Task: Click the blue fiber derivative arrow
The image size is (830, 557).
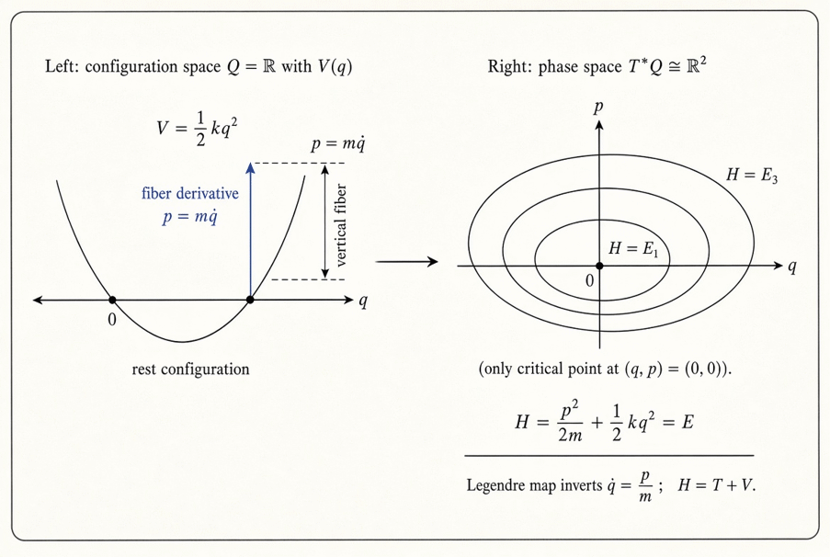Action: coord(250,231)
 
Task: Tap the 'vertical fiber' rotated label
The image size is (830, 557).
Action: coord(341,225)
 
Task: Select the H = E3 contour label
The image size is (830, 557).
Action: coord(752,175)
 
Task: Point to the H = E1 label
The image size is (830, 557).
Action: coord(633,248)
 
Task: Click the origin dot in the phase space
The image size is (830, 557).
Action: coord(599,266)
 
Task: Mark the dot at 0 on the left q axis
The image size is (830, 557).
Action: coord(112,301)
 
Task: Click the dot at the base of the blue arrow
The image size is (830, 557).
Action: coord(250,301)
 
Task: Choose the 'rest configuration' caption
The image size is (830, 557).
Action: coord(190,369)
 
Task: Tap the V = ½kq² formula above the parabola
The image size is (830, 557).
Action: coord(197,129)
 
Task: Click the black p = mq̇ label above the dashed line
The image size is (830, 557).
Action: coord(338,144)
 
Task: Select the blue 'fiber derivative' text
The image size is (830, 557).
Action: coord(190,193)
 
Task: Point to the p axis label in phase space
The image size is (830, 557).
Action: coord(598,108)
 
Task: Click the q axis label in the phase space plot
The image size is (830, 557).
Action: coord(792,267)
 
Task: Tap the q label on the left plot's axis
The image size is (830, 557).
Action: coord(363,301)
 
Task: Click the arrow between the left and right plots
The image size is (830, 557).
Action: coord(406,261)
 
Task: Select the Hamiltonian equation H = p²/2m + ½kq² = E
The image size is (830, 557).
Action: coord(605,422)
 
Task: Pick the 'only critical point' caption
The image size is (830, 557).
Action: coord(605,369)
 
